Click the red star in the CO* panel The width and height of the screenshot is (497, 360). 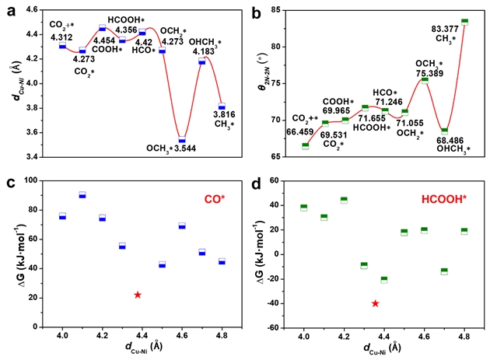coord(138,295)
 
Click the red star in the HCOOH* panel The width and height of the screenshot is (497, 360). coord(376,303)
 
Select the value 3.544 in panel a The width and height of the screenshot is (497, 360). coord(183,148)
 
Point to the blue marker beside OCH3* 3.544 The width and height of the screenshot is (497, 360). coord(182,141)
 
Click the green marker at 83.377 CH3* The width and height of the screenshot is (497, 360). coord(464,22)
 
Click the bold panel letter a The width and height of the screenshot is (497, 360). coord(9,11)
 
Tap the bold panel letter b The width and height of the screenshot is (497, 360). coord(254,11)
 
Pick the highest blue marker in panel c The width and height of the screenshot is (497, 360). coord(82,195)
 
